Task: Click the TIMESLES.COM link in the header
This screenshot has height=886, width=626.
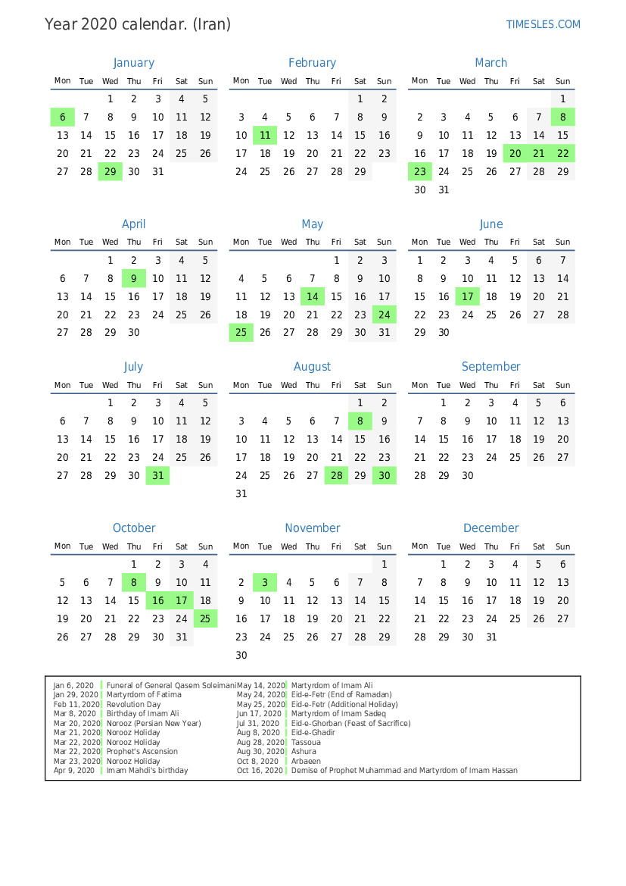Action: tap(543, 24)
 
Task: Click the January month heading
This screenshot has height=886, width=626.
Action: tap(133, 63)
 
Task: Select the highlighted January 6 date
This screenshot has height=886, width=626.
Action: tap(62, 117)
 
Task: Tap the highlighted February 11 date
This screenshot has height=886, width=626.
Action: tap(265, 135)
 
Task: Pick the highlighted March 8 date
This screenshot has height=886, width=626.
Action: tap(562, 117)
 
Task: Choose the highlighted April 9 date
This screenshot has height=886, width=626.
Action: tap(133, 278)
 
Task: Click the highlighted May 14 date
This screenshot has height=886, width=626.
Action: tap(312, 296)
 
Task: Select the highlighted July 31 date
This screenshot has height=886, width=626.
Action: tap(157, 476)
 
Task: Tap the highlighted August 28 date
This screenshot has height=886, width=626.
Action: tap(336, 476)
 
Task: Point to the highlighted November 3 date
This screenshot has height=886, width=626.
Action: tap(265, 583)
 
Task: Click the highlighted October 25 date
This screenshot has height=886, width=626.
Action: tap(205, 618)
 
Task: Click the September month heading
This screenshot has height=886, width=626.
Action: tap(491, 367)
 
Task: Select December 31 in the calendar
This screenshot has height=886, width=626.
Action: tap(491, 637)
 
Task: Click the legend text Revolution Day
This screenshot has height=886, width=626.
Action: tap(134, 704)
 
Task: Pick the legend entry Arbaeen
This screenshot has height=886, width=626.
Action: tap(306, 761)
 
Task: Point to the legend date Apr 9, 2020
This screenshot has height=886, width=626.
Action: tap(73, 771)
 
